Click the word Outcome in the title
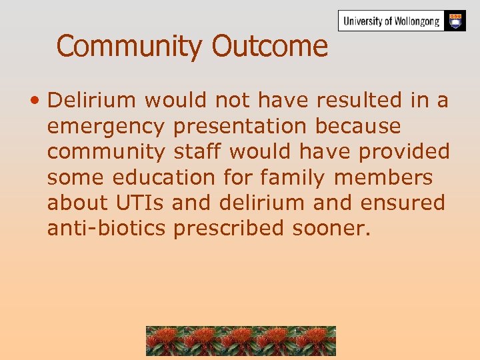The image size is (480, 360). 270,46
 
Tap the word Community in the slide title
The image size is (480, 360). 129,47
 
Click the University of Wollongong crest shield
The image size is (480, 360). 455,21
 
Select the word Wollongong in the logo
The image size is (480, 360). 417,21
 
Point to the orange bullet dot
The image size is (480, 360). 35,100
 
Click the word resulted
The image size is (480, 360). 359,100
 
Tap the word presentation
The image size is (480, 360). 240,127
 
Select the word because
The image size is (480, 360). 358,125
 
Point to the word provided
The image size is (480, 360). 404,152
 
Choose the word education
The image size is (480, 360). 163,177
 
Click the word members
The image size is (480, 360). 383,177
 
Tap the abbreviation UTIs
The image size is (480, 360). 139,203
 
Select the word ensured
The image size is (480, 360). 402,203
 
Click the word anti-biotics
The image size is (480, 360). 106,228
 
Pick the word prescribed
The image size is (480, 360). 229,229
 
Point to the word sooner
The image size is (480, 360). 331,229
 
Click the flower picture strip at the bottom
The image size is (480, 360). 241,341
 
